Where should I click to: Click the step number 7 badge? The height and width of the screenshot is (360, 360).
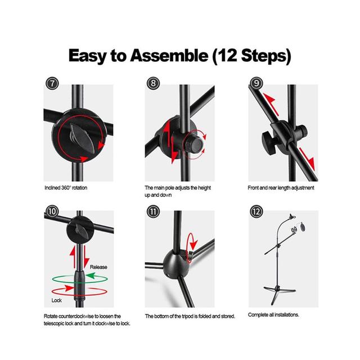[52, 83]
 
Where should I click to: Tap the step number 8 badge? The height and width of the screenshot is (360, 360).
[154, 83]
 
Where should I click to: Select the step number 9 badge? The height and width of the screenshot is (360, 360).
[256, 83]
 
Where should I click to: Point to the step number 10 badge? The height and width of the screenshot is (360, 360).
[52, 211]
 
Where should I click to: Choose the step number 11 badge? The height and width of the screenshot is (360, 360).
[154, 211]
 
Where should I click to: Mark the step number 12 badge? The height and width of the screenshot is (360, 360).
[256, 211]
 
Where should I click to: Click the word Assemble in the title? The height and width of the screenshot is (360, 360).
[169, 56]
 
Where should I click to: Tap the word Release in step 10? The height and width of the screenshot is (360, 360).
[98, 267]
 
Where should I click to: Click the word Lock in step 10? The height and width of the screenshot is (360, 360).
[56, 300]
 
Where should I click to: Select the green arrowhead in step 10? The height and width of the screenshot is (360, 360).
[91, 276]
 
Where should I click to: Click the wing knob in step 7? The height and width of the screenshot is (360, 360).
[82, 138]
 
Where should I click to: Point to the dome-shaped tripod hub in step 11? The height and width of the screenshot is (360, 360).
[176, 264]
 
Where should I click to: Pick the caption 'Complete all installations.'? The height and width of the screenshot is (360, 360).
[273, 315]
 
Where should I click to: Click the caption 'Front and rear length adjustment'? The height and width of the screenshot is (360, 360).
[281, 188]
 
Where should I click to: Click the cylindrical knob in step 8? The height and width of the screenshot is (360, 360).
[195, 144]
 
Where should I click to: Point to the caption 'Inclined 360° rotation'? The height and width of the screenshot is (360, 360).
[66, 188]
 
